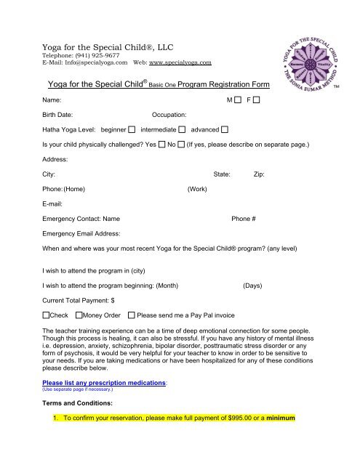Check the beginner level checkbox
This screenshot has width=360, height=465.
(132, 130)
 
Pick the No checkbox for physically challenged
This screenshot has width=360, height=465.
(181, 145)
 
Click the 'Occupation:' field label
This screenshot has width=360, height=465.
(169, 115)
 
